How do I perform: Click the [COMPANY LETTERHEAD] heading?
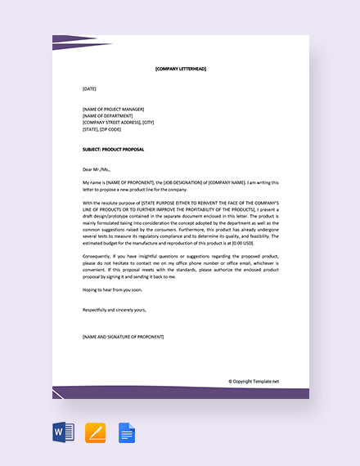point(180,69)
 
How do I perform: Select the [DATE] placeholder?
point(89,88)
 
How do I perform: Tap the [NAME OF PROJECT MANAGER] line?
point(113,109)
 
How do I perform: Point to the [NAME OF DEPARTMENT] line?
point(107,115)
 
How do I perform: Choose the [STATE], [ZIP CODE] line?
point(101,128)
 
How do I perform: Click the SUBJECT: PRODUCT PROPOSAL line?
point(115,149)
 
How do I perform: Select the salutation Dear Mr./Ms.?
point(97,169)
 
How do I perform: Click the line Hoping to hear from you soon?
point(111,289)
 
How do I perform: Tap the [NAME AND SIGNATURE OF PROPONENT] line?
point(123,337)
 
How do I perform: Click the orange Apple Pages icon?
point(96,432)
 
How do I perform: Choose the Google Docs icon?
point(127,432)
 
